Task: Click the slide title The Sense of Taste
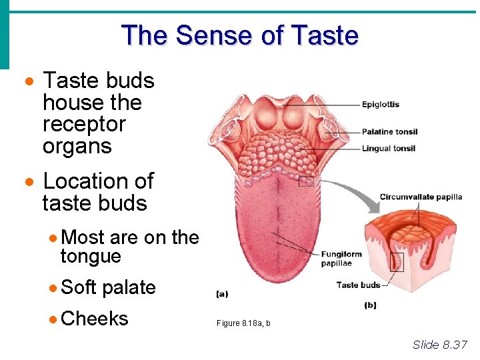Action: pos(240,35)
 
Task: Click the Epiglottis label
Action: pos(381,104)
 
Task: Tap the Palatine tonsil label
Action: pos(389,131)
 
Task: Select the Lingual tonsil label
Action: pos(389,148)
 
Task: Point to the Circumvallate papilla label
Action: pos(421,197)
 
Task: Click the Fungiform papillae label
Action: pos(342,258)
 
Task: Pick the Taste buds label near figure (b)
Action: pos(359,285)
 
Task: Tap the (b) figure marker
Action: pos(370,305)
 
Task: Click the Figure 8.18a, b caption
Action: pos(243,323)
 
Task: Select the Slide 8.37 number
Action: pos(440,345)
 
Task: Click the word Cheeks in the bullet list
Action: pos(94,319)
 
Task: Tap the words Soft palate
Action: pos(108,287)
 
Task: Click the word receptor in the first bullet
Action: pos(84,124)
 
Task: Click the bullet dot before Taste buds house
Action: pos(29,81)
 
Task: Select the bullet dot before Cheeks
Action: pos(53,319)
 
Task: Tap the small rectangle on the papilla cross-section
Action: pos(397,262)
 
